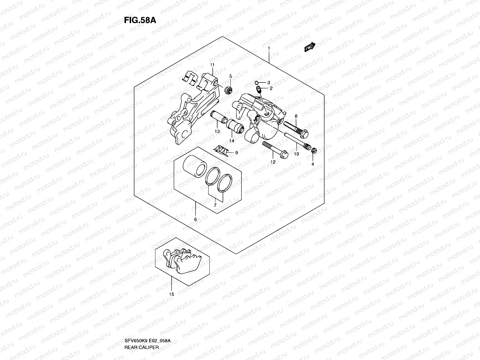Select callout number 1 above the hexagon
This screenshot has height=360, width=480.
point(269,48)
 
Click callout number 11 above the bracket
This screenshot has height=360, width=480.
point(212,65)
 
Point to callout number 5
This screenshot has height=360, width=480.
point(231,76)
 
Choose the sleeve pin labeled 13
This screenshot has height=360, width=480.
point(218,118)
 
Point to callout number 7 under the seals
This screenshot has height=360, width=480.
point(215,205)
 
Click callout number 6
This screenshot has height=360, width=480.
point(195,220)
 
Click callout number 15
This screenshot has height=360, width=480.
point(171,294)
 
